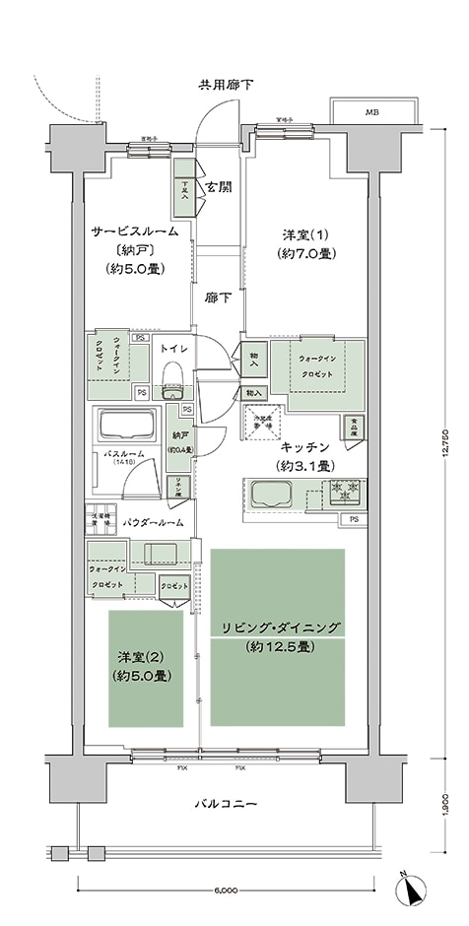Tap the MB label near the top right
[x=371, y=113]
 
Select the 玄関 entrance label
[x=219, y=187]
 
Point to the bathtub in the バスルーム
[x=125, y=428]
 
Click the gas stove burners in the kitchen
[x=347, y=490]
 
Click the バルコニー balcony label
[x=225, y=805]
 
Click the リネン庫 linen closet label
[x=179, y=486]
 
